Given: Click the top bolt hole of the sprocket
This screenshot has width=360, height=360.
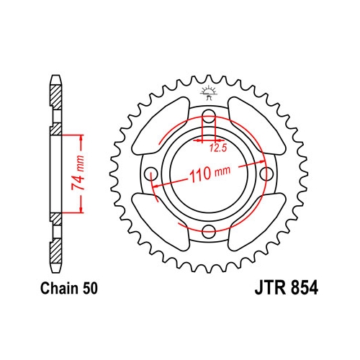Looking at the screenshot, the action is pyautogui.click(x=209, y=114).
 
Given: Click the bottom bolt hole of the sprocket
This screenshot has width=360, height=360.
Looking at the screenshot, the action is pyautogui.click(x=209, y=231).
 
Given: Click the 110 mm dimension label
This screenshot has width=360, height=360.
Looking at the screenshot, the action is pyautogui.click(x=210, y=174).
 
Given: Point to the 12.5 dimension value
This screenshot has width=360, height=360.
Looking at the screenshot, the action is pyautogui.click(x=218, y=148).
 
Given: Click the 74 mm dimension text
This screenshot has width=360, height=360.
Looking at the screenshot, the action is pyautogui.click(x=78, y=173).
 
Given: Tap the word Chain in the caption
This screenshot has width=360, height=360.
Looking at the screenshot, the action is pyautogui.click(x=60, y=288).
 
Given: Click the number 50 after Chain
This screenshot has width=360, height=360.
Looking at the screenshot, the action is pyautogui.click(x=90, y=288).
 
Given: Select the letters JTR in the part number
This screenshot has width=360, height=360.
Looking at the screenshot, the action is pyautogui.click(x=271, y=288).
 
